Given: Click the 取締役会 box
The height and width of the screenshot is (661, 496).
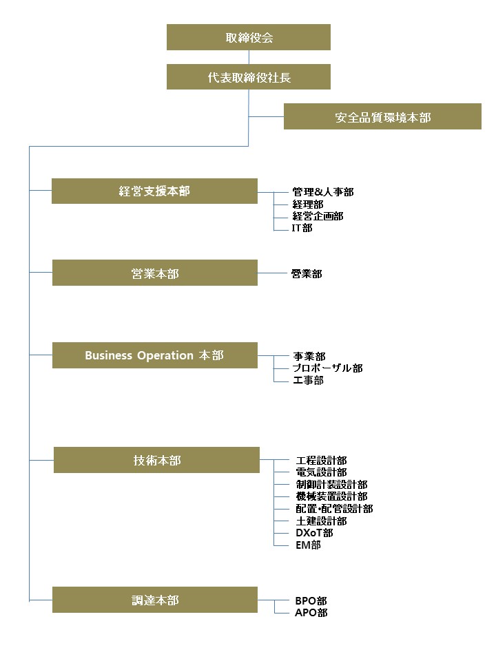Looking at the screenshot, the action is (x=249, y=37).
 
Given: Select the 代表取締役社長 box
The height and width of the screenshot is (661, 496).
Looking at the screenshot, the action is (x=249, y=76).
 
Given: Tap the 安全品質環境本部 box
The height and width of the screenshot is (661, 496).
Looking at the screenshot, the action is (x=382, y=116).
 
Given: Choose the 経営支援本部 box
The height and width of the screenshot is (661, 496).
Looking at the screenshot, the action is (x=154, y=191).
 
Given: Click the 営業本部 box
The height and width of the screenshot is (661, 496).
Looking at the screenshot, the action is (x=155, y=273).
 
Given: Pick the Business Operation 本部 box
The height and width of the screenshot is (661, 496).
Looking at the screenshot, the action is (x=155, y=355).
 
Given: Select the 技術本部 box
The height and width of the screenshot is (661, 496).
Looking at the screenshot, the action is (x=156, y=460).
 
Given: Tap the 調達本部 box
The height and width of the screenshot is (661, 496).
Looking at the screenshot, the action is (x=155, y=600).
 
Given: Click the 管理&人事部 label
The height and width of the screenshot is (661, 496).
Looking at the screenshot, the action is (x=323, y=192).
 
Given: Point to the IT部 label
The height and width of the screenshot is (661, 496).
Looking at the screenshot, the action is (x=302, y=228).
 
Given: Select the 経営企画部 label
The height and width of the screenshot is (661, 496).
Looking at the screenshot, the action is (x=318, y=216).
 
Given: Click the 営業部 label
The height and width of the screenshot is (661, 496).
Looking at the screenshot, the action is (x=307, y=274).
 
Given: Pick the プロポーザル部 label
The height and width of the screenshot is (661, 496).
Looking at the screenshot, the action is (x=328, y=368).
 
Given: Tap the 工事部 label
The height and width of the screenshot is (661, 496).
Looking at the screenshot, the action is (x=309, y=380).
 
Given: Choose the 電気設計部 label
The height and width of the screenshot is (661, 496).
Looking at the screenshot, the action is (x=322, y=472).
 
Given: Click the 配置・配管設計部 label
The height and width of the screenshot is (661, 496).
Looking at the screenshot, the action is (x=334, y=509).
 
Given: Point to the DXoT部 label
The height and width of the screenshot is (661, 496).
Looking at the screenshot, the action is (x=314, y=533).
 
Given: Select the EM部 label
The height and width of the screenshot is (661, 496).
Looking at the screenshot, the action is (x=309, y=545).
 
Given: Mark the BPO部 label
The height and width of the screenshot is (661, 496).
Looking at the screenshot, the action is (x=311, y=600).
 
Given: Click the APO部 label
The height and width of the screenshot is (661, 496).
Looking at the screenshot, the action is (x=311, y=613).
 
